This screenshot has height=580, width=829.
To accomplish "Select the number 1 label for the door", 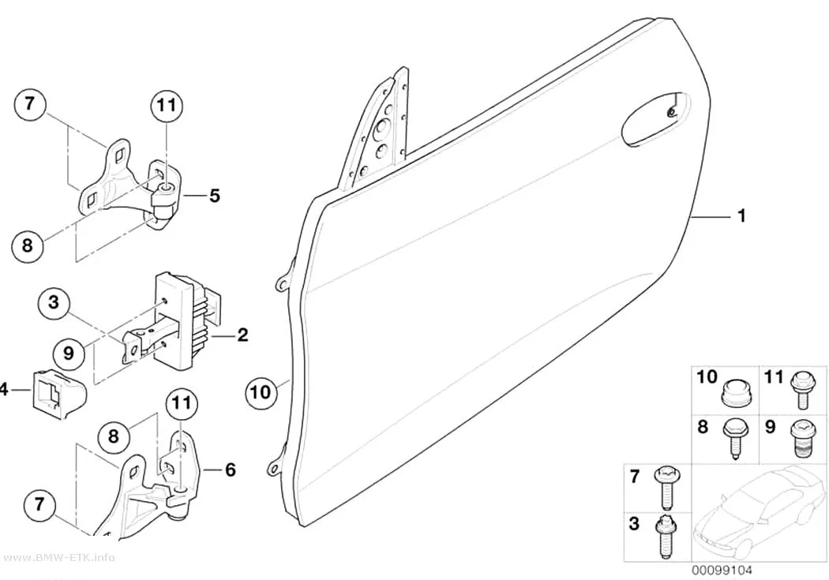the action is point(741,215).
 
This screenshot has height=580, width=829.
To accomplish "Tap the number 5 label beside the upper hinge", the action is point(214,196).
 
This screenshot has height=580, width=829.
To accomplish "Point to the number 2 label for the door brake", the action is point(242,335).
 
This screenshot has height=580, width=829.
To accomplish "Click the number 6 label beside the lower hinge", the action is point(230,470).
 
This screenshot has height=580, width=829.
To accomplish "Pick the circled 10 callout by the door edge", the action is point(261,392).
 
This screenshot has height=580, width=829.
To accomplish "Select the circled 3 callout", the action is point(54,303).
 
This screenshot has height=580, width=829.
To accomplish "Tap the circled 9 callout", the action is point(68,352).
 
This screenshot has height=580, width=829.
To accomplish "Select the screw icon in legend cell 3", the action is point(665,536).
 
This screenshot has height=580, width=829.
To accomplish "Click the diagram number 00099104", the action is point(722,570).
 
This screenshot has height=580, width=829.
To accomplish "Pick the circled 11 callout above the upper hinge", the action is point(167,106).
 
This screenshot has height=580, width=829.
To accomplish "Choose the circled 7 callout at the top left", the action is point(29,104).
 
